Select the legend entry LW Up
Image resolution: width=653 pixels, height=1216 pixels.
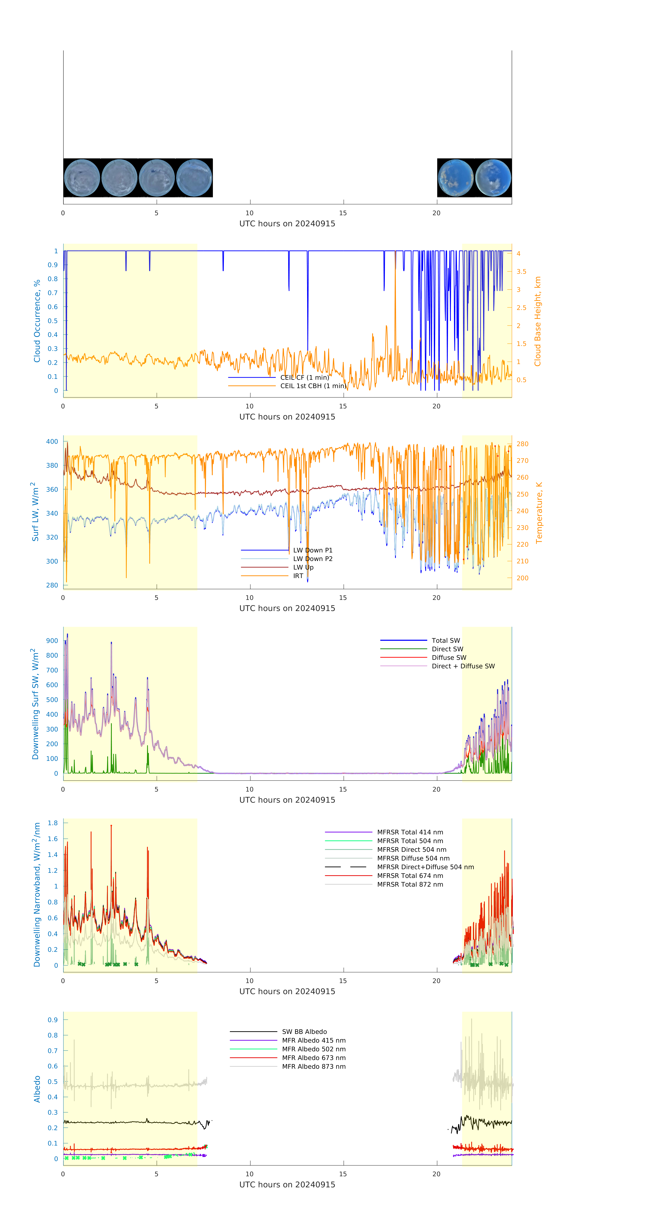tap(303, 567)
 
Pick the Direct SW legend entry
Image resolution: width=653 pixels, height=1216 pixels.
tap(447, 649)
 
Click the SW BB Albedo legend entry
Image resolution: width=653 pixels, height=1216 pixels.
tap(304, 1032)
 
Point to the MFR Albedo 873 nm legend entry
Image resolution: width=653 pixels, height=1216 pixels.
tap(313, 1066)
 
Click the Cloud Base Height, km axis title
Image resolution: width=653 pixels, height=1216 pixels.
tap(537, 321)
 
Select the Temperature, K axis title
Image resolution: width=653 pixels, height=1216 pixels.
tap(539, 513)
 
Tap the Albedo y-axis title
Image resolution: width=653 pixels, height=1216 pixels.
tap(37, 1089)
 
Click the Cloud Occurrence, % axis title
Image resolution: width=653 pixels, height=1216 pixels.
tap(37, 321)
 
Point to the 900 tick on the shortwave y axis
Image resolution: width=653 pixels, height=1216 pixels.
tap(52, 641)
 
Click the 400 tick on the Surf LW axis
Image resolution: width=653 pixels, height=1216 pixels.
tap(52, 441)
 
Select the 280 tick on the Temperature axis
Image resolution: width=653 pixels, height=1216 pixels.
tap(522, 444)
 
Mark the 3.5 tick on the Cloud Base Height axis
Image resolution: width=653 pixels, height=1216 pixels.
tap(521, 271)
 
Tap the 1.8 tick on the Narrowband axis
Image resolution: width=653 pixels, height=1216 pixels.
tap(52, 823)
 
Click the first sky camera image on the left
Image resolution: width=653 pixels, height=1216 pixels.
tap(82, 177)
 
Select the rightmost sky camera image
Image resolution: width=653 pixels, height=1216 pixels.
tap(493, 177)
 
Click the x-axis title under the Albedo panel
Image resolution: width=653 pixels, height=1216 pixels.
tap(287, 1184)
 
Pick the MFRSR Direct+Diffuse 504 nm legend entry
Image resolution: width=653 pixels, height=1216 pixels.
tap(425, 867)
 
